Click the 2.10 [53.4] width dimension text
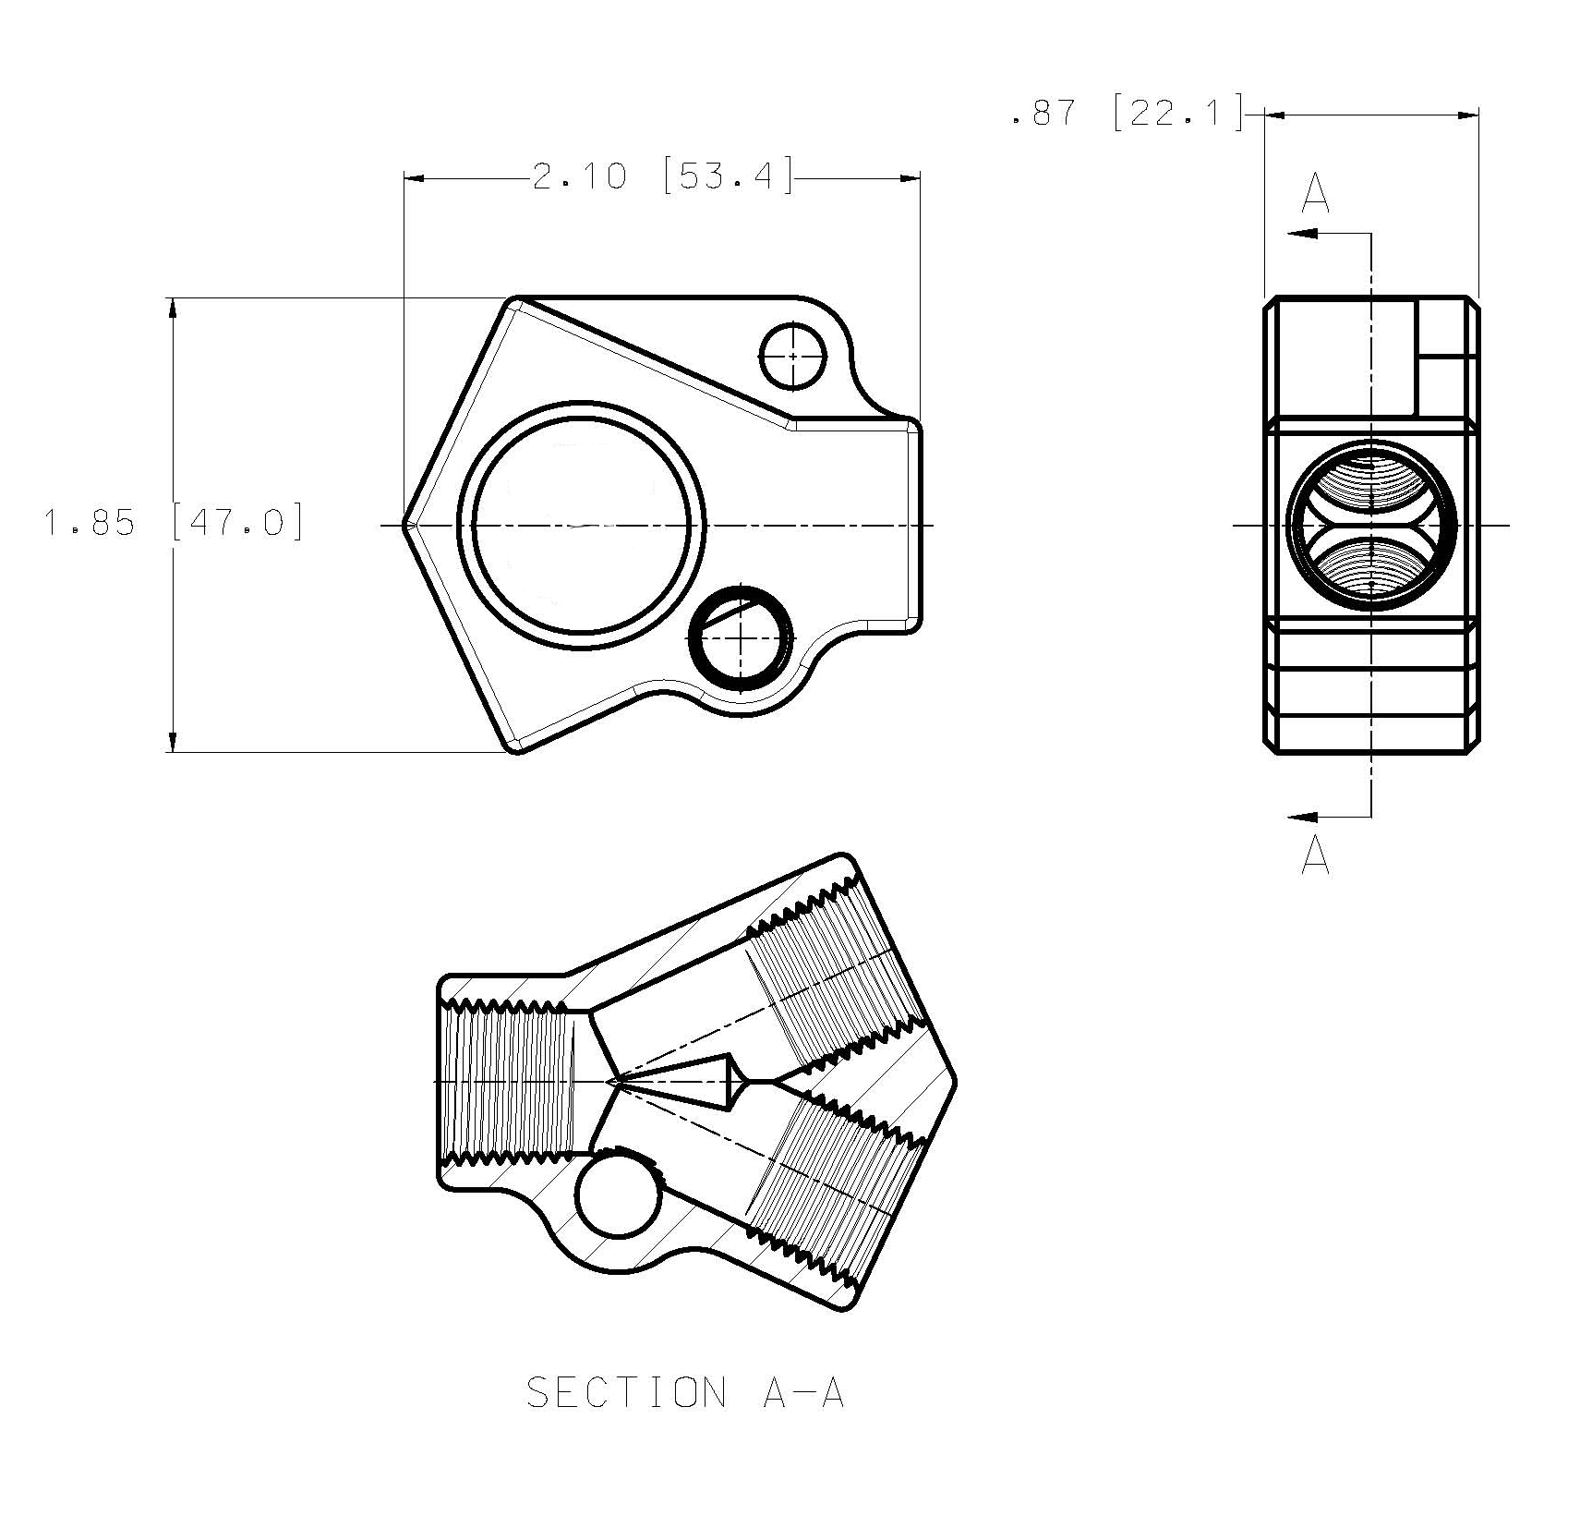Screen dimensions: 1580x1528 [x=663, y=176]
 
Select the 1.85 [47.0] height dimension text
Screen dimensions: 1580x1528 [x=174, y=524]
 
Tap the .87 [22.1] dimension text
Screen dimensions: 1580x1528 [x=1128, y=112]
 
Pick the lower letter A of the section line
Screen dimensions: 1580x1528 [x=1315, y=855]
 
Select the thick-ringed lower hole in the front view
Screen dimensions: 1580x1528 [x=742, y=637]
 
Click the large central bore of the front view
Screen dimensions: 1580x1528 [x=582, y=525]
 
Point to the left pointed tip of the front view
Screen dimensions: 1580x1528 [x=404, y=525]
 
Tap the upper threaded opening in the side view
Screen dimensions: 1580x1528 [x=1371, y=487]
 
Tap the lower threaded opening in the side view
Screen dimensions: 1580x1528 [x=1371, y=565]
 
